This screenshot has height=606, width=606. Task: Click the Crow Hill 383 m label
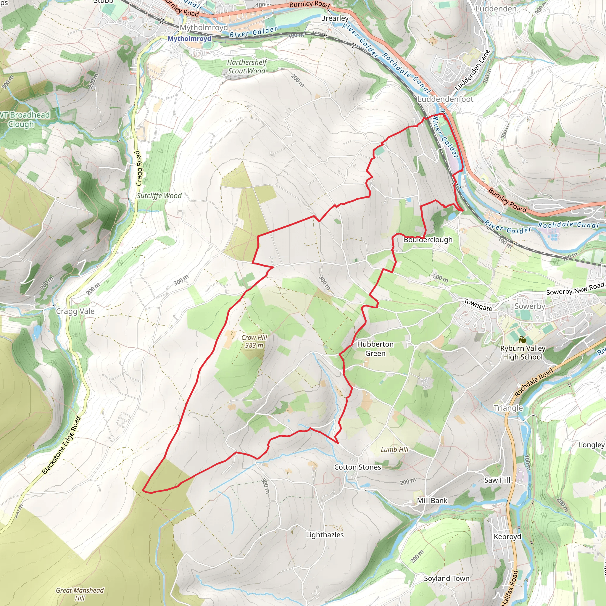(254, 341)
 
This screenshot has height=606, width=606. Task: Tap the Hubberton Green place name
(375, 349)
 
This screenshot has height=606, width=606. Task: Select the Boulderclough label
(428, 240)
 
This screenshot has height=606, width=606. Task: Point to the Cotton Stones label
(357, 467)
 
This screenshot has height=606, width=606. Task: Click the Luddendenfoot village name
(445, 99)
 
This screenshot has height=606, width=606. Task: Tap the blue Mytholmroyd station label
(189, 38)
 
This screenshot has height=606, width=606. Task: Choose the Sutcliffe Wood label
(159, 196)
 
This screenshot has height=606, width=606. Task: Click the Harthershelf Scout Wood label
(246, 67)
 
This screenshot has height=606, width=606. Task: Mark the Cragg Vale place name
(75, 311)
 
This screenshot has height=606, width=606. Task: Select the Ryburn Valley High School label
(523, 352)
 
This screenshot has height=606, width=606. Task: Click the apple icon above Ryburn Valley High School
(522, 339)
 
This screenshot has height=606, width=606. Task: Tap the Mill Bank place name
(432, 501)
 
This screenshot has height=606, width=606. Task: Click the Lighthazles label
(325, 535)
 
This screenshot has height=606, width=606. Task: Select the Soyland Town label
(446, 578)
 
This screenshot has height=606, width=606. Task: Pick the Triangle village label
(508, 408)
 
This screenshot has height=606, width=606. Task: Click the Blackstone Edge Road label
(62, 445)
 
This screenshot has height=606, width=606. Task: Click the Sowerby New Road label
(575, 289)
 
